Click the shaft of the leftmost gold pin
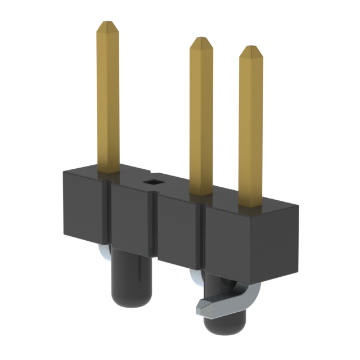pyautogui.click(x=107, y=101)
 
